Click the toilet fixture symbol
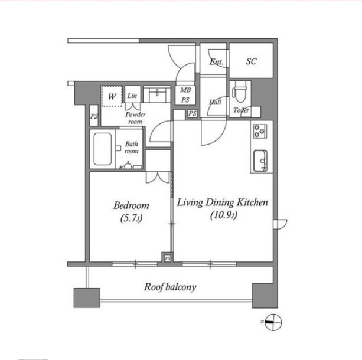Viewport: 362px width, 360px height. click(x=240, y=92)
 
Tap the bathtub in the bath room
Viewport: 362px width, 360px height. click(x=103, y=149)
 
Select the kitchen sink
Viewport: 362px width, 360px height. click(x=260, y=161)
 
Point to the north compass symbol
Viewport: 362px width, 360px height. click(x=273, y=322)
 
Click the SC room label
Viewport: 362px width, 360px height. click(x=251, y=61)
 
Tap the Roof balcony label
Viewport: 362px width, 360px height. click(x=170, y=287)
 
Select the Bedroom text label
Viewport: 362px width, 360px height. click(x=131, y=205)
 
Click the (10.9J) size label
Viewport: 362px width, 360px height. click(x=223, y=215)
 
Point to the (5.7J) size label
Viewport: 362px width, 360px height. click(x=131, y=218)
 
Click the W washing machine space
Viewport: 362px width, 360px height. click(x=112, y=96)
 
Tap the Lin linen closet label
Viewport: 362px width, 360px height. click(x=132, y=95)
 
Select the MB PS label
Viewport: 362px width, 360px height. click(x=185, y=95)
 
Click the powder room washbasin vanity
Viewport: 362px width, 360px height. click(x=157, y=94)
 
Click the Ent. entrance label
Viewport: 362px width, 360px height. click(x=216, y=61)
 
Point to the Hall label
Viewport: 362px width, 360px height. click(x=215, y=102)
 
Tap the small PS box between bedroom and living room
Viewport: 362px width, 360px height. click(x=168, y=258)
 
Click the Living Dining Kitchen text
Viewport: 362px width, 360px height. click(x=223, y=202)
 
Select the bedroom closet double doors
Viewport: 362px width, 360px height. click(x=158, y=178)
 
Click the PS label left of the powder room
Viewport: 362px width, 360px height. click(x=94, y=116)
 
